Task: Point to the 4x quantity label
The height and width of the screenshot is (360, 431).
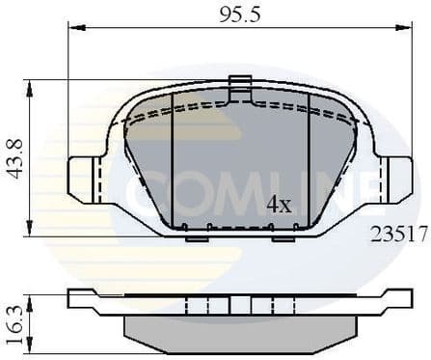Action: [279, 205]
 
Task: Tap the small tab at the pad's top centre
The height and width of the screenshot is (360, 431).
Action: [240, 83]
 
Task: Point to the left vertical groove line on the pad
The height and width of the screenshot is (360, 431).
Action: [172, 159]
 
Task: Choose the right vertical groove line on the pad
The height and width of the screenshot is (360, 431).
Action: [309, 159]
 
